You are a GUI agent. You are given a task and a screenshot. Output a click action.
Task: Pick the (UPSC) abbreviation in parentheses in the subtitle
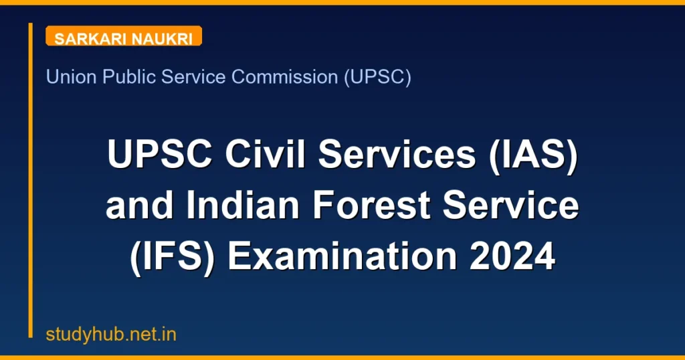pyautogui.click(x=377, y=77)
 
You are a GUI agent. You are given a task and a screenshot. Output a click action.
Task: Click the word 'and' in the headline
pyautogui.click(x=139, y=207)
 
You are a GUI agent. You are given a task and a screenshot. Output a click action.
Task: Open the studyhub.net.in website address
pyautogui.click(x=111, y=334)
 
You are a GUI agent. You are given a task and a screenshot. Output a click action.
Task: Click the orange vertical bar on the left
pyautogui.click(x=31, y=181)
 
